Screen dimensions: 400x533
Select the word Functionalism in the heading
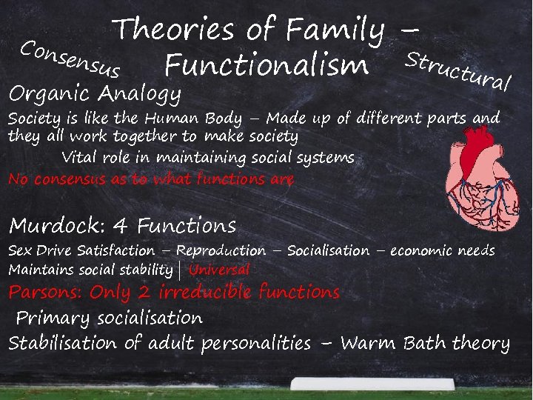[x=266, y=65]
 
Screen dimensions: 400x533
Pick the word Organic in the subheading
[x=50, y=95]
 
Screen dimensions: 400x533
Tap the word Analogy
[x=140, y=95]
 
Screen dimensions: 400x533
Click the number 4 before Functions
[x=124, y=225]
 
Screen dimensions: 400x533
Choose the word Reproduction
[x=221, y=251]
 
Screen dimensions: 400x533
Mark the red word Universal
[x=219, y=270]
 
